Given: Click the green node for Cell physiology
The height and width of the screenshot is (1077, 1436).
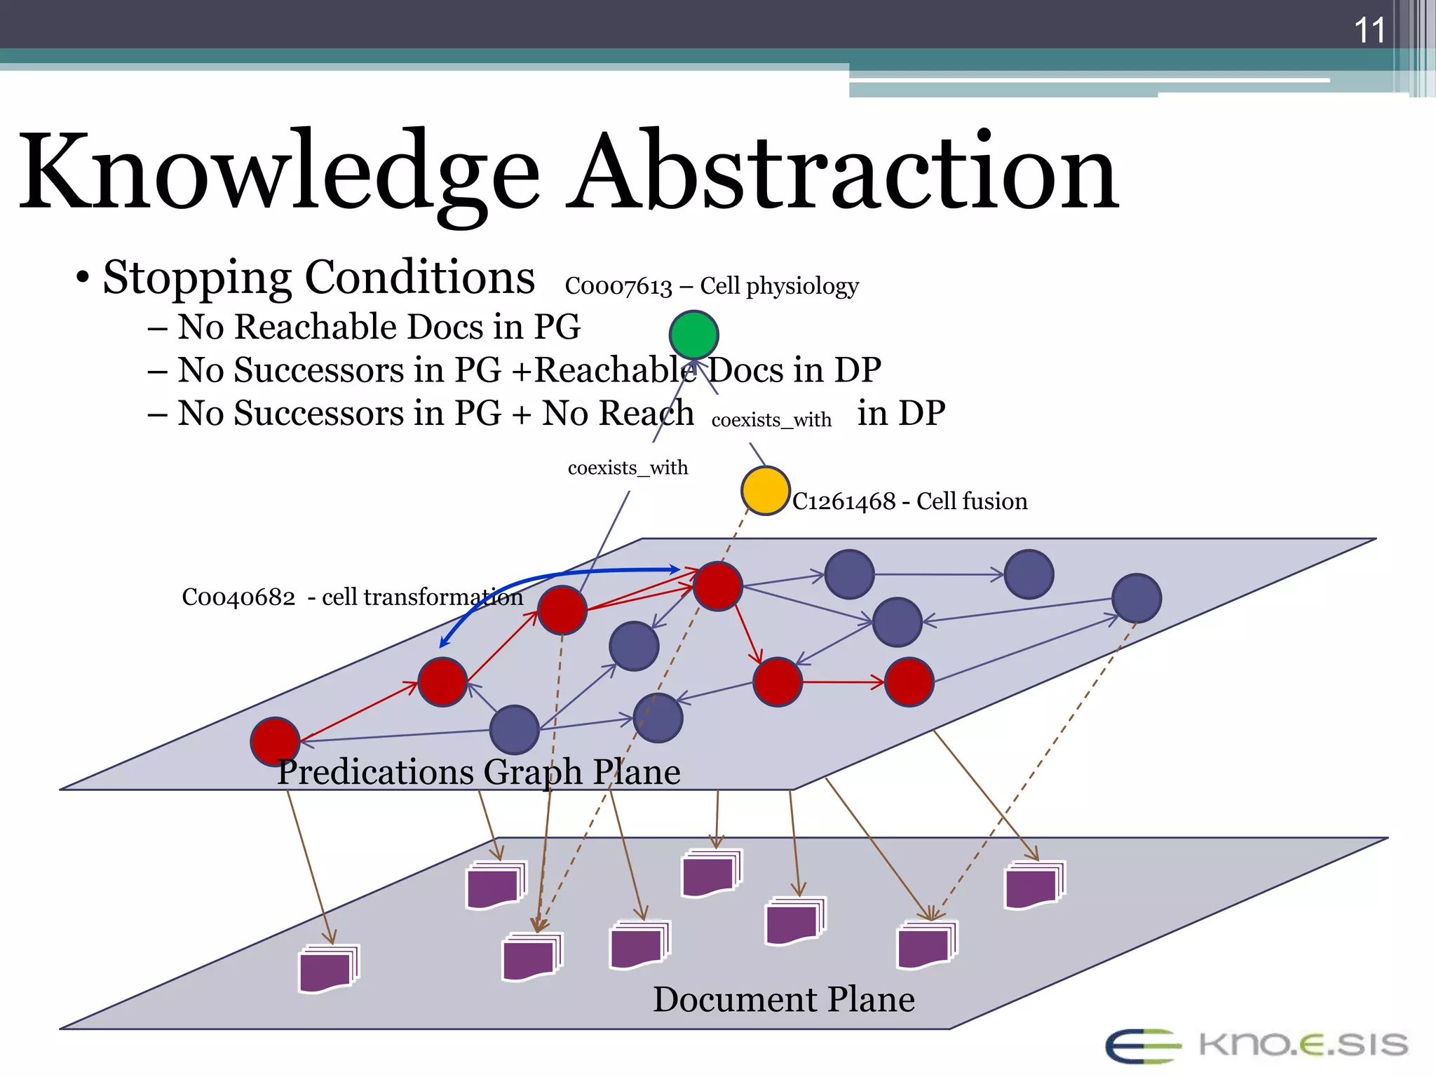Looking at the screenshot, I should point(693,335).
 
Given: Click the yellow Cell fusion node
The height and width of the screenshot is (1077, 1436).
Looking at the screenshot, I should point(765,491).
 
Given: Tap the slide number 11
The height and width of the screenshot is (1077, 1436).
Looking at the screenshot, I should point(1369,31).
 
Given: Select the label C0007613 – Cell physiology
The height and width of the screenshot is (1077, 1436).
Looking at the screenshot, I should point(712,286).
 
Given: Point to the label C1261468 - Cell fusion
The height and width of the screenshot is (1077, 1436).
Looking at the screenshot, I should point(909,501).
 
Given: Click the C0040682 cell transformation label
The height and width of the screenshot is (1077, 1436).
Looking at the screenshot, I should point(352,597).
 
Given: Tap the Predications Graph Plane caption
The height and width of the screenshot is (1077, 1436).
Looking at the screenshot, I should point(478,772).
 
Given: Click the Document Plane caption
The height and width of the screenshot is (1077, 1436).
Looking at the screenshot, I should point(783,999).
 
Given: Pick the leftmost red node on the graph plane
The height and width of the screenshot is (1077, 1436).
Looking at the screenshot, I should point(276,741).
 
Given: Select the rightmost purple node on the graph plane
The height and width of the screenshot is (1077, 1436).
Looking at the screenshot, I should point(1136,598).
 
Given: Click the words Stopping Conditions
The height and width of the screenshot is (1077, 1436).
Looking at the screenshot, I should point(318,277).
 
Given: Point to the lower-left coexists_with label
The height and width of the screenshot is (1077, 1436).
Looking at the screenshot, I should point(628,468).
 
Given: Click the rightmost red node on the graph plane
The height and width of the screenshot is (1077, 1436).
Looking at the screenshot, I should point(909,682).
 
